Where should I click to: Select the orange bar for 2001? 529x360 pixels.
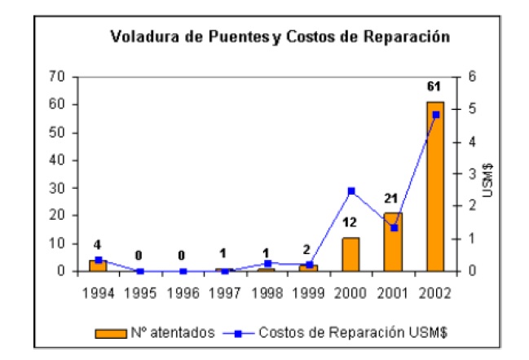coord(394,242)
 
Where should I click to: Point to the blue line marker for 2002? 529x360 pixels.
coord(435,115)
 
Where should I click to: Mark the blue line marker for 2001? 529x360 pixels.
coord(394,228)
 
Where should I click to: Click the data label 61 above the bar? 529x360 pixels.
coord(435,86)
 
